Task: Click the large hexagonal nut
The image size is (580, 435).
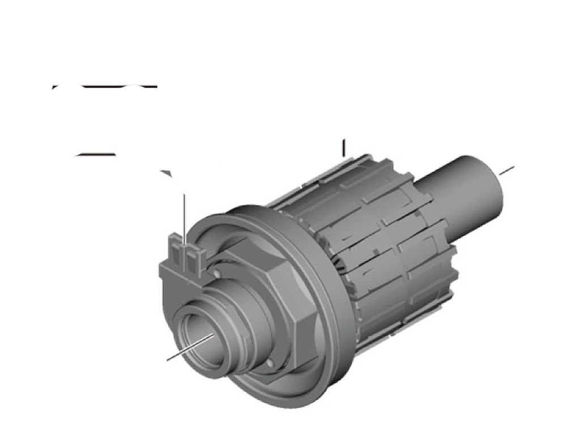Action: (x=283, y=295)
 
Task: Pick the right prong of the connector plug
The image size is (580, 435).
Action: (x=194, y=258)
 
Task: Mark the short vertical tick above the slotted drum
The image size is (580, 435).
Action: (x=343, y=147)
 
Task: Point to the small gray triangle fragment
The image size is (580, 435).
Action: (x=166, y=173)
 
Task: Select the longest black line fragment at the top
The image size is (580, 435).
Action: (x=119, y=87)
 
